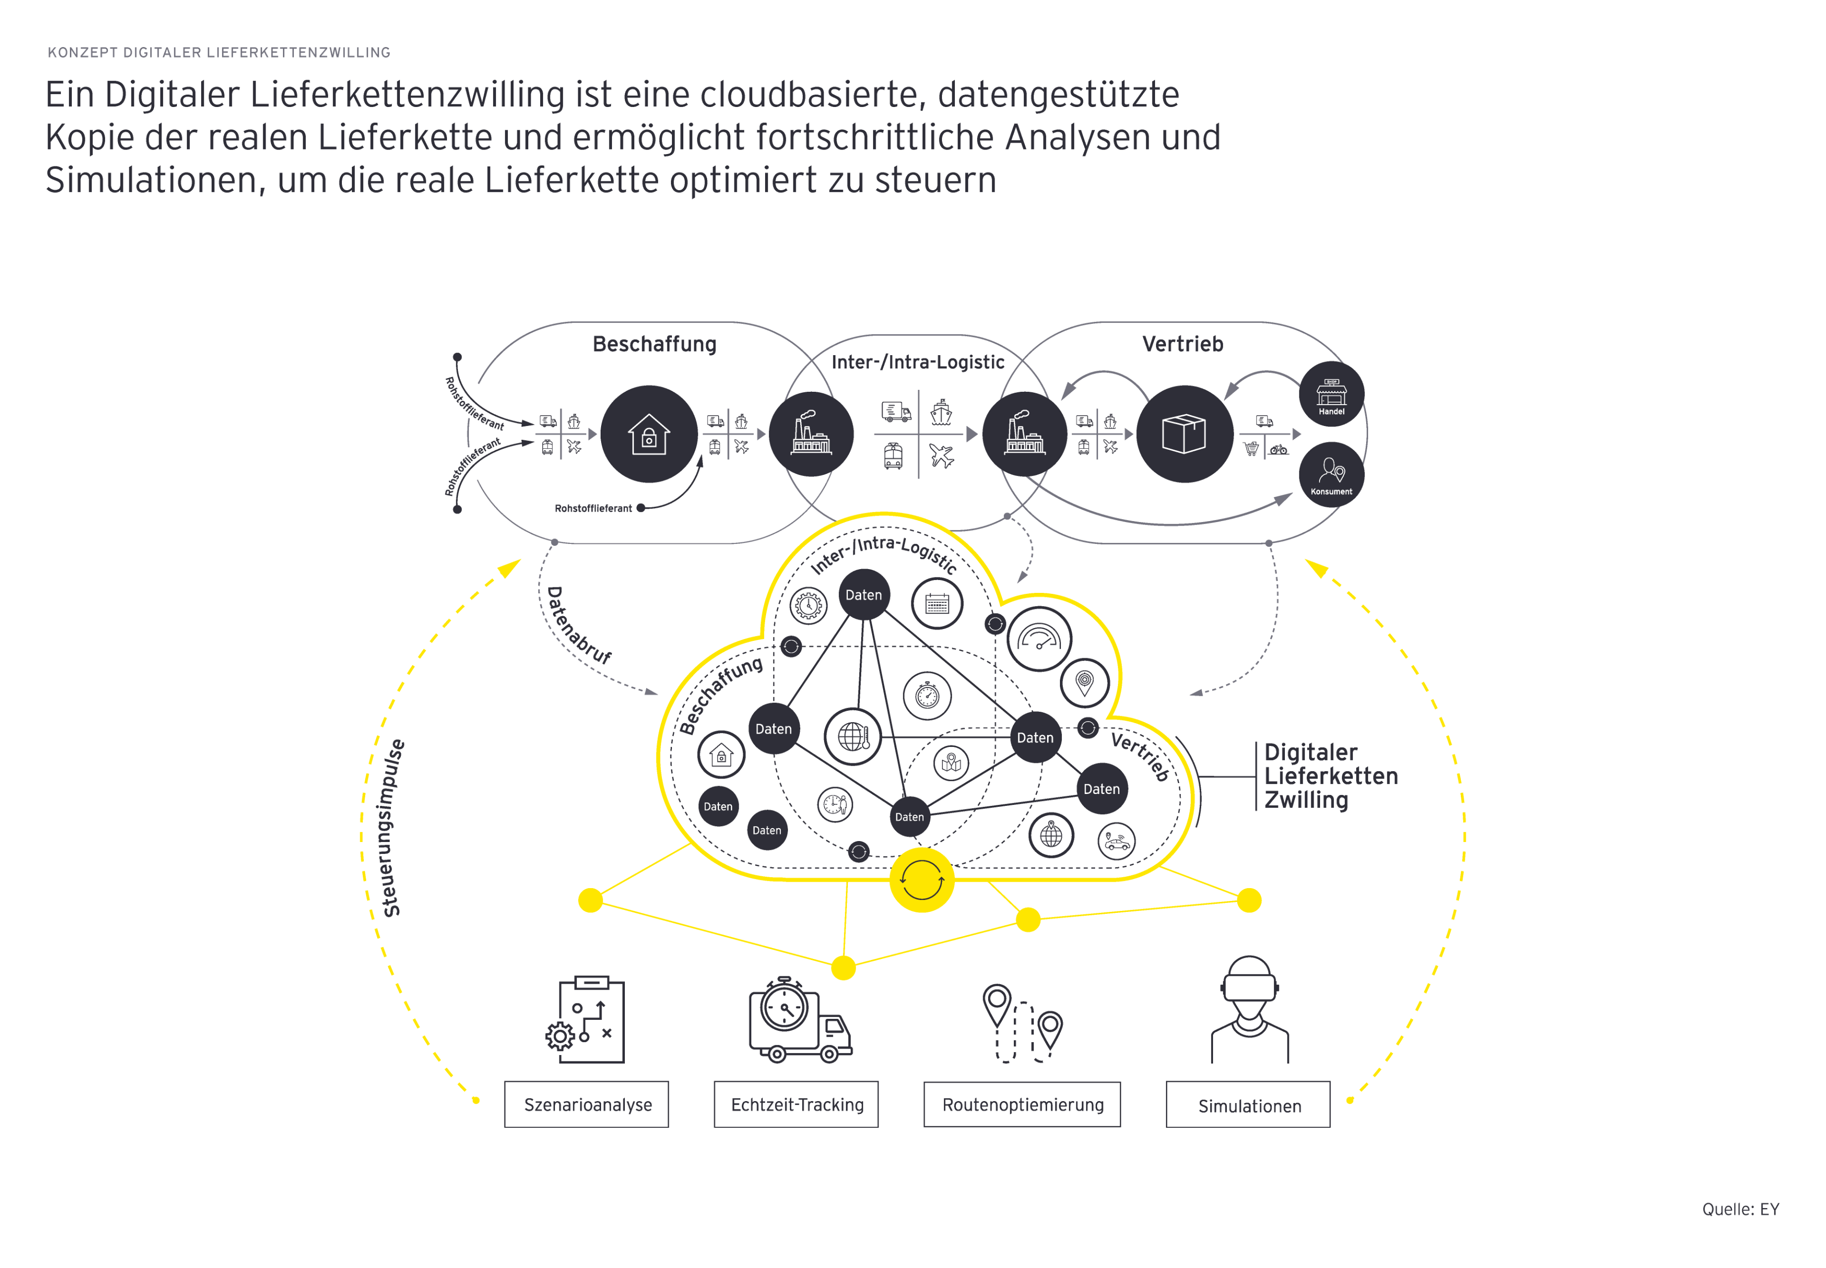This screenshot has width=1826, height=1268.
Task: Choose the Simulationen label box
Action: (1248, 1105)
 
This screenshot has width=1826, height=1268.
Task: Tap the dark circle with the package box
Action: (1183, 434)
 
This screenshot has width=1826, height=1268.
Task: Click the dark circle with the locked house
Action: (649, 434)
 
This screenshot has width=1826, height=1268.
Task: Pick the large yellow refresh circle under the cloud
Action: (921, 880)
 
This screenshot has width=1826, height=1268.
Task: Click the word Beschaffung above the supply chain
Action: (654, 344)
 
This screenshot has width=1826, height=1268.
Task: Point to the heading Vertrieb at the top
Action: (1182, 344)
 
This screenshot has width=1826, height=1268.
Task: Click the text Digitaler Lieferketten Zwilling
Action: (1329, 776)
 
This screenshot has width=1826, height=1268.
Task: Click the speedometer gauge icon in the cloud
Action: (1039, 639)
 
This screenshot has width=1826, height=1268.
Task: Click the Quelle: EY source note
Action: (1739, 1209)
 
